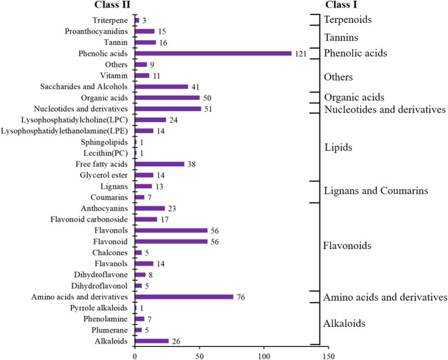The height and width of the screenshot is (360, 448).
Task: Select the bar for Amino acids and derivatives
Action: [x=184, y=297]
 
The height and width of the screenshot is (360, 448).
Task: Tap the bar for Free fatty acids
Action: [x=159, y=164]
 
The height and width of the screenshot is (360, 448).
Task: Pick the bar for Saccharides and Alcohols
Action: [x=162, y=87]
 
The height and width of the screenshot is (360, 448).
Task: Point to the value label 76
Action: [x=240, y=297]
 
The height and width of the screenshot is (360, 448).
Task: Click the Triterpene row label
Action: [x=109, y=21]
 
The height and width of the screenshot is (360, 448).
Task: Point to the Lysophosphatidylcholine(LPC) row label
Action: [x=78, y=120]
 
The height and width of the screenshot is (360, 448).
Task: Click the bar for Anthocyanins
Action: [x=150, y=208]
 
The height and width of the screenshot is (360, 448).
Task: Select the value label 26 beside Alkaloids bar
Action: [x=176, y=341]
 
